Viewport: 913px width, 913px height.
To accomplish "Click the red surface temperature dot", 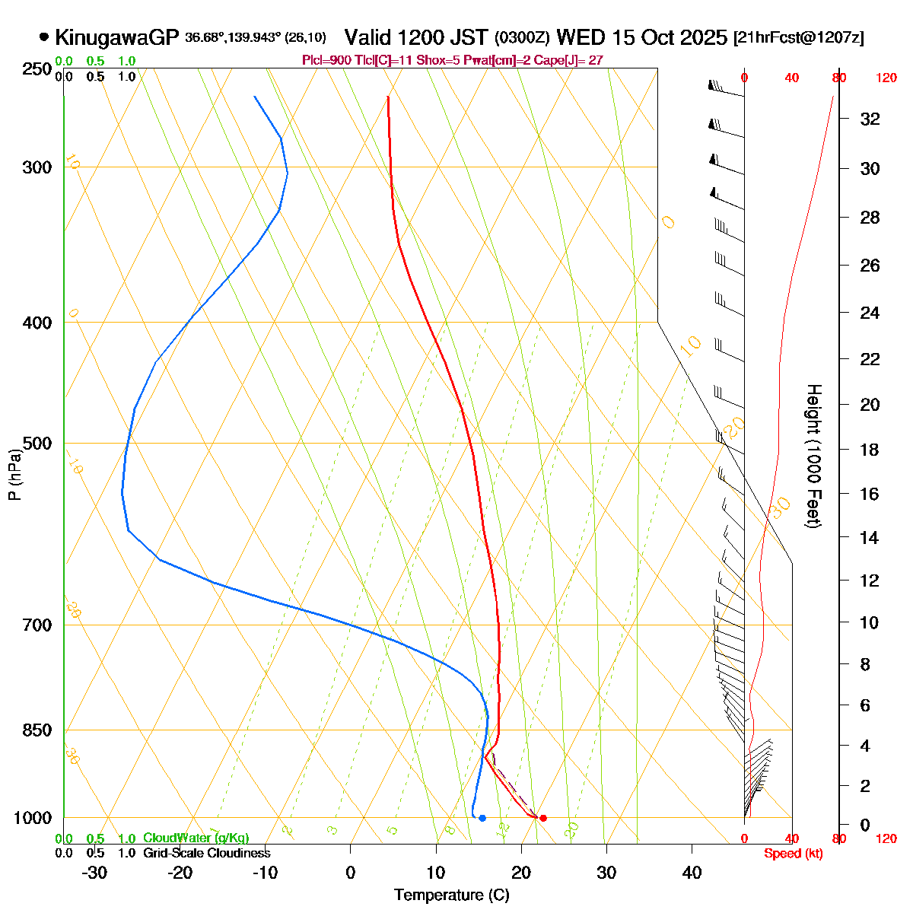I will pyautogui.click(x=542, y=818).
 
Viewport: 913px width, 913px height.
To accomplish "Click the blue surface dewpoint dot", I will pyautogui.click(x=482, y=818).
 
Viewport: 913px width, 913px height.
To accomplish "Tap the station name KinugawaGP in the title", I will pyautogui.click(x=116, y=37).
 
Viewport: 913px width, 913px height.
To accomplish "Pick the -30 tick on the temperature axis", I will pyautogui.click(x=94, y=873).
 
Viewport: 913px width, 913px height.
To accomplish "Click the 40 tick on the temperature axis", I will pyautogui.click(x=692, y=873).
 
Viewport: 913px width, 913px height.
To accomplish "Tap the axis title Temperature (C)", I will pyautogui.click(x=451, y=895).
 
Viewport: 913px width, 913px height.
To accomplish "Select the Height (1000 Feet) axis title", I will pyautogui.click(x=813, y=456).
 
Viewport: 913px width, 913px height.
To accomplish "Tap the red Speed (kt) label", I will pyautogui.click(x=793, y=854).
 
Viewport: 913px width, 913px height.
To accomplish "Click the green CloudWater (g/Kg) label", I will pyautogui.click(x=196, y=838).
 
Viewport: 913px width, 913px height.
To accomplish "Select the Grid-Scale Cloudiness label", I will pyautogui.click(x=206, y=854).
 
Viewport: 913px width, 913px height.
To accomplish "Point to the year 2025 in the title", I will pyautogui.click(x=703, y=37).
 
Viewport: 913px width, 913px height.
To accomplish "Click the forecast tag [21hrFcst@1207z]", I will pyautogui.click(x=798, y=38).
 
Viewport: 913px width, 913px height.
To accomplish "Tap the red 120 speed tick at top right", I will pyautogui.click(x=886, y=78).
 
